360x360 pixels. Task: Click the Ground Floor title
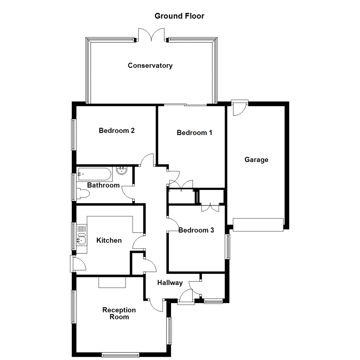point(179,16)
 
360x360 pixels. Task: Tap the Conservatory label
point(150,65)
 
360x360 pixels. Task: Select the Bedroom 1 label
point(194,133)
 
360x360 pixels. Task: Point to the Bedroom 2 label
point(117,130)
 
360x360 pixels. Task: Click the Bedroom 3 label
point(196,230)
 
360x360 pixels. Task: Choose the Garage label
point(256,160)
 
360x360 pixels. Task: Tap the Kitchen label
point(109,240)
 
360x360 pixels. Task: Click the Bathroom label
point(103,185)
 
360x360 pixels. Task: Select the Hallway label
point(170,283)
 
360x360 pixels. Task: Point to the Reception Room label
point(119,313)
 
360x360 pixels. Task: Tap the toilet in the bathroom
point(83,194)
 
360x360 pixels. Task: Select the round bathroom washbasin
point(122,171)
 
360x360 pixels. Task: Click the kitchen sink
point(81,239)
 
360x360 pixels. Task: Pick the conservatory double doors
point(152,35)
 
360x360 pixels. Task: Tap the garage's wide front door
point(258,225)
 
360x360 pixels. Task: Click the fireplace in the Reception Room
point(112,282)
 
